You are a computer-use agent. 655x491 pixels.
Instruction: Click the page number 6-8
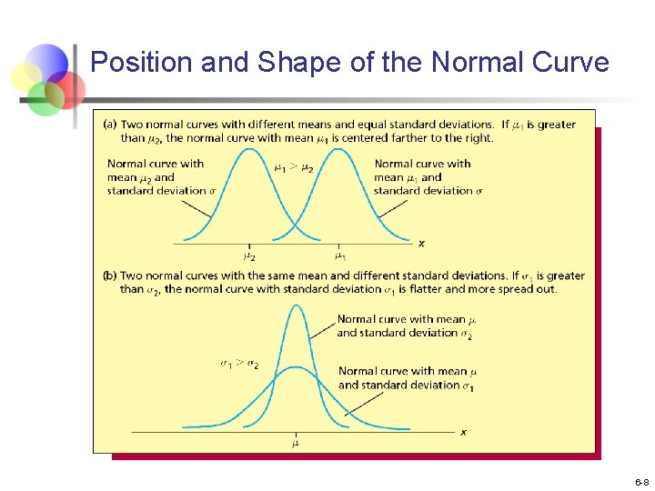pyautogui.click(x=641, y=481)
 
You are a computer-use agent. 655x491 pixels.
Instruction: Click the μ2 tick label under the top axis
pyautogui.click(x=249, y=257)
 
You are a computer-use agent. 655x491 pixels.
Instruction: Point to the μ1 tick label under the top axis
pyautogui.click(x=339, y=257)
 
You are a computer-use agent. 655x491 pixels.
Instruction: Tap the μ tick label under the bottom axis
pyautogui.click(x=296, y=444)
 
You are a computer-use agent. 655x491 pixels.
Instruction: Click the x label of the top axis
pyautogui.click(x=421, y=243)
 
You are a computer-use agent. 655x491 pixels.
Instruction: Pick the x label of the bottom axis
pyautogui.click(x=463, y=432)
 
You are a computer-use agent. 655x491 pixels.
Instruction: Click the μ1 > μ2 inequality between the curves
pyautogui.click(x=294, y=167)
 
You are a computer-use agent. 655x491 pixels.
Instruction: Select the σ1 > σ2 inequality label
pyautogui.click(x=239, y=364)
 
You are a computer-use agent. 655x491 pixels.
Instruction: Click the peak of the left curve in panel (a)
pyautogui.click(x=249, y=151)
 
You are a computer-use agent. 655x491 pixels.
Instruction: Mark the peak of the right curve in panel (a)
pyautogui.click(x=339, y=151)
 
